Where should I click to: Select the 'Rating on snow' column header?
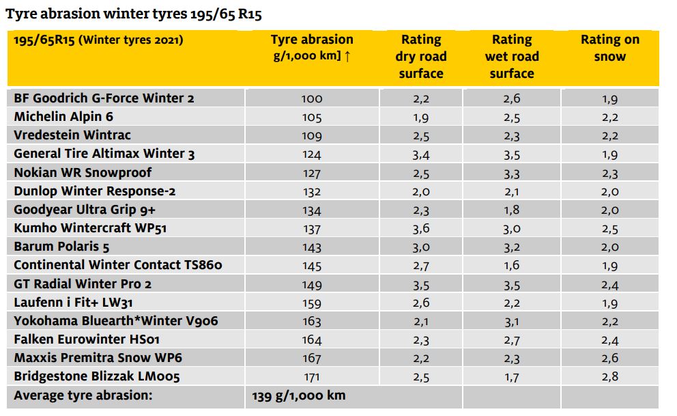coord(609,48)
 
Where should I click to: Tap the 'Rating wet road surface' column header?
coord(512,56)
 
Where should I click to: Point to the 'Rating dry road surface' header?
coord(420,56)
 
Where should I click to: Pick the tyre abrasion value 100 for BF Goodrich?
coord(312,98)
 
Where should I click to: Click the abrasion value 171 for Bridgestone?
coord(312,376)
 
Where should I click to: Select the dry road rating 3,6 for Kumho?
coord(421,228)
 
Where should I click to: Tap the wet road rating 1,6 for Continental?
coord(512,265)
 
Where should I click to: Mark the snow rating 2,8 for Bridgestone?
coord(609,376)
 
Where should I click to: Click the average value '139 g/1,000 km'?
coord(299,396)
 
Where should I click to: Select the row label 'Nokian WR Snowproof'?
coord(83,172)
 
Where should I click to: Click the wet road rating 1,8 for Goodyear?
coord(512,210)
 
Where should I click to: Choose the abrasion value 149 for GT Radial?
coord(312,283)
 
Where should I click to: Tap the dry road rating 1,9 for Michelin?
coord(421,117)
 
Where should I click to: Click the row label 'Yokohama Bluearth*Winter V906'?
coord(116,320)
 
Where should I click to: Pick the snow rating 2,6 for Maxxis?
coord(609,358)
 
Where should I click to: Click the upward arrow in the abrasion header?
coord(347,57)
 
